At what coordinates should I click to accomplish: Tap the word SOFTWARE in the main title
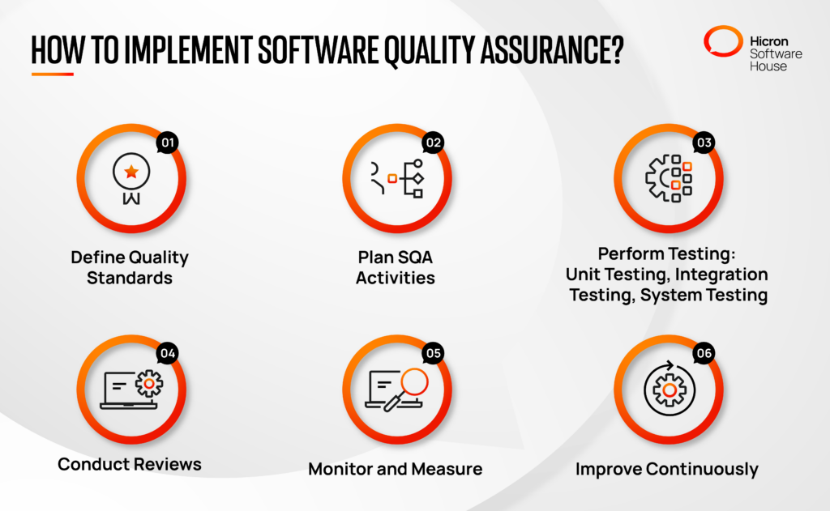click(x=320, y=51)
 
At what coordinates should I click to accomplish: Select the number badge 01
click(x=168, y=143)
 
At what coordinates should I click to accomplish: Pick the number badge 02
click(x=433, y=143)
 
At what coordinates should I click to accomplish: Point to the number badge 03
click(x=704, y=143)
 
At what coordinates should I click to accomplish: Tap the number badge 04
click(x=168, y=353)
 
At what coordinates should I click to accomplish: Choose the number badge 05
click(x=433, y=353)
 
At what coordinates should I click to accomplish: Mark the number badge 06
click(x=704, y=353)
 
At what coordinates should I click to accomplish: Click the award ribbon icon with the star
click(x=130, y=179)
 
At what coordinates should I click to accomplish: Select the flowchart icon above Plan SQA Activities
click(x=397, y=179)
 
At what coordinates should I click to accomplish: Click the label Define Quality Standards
click(x=130, y=267)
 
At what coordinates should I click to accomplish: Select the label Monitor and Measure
click(x=396, y=468)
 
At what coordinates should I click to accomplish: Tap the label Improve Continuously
click(x=667, y=468)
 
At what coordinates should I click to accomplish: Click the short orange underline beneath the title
click(x=53, y=74)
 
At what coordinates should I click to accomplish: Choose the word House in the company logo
click(x=768, y=66)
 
